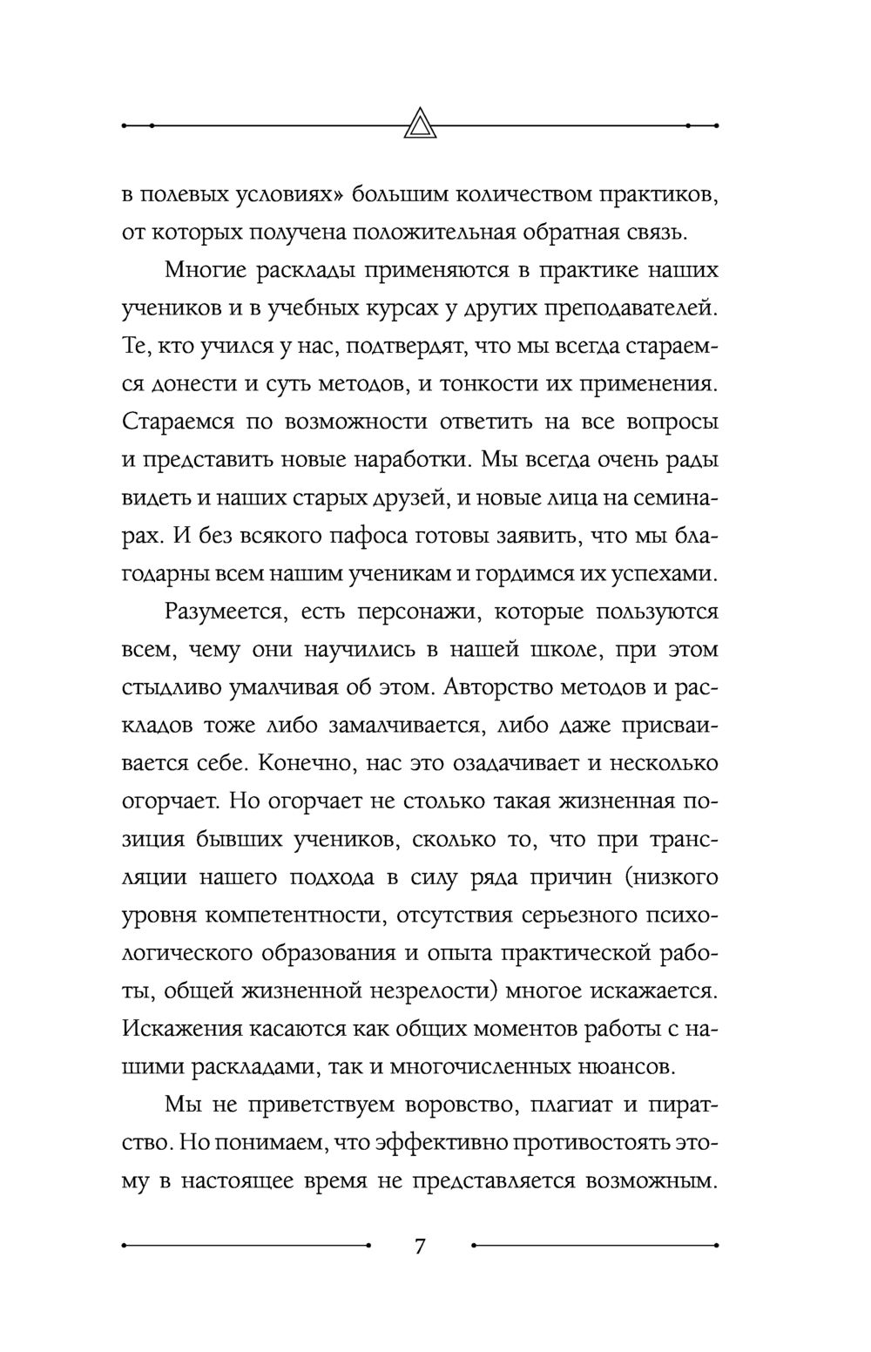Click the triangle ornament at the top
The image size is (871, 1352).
click(421, 124)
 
